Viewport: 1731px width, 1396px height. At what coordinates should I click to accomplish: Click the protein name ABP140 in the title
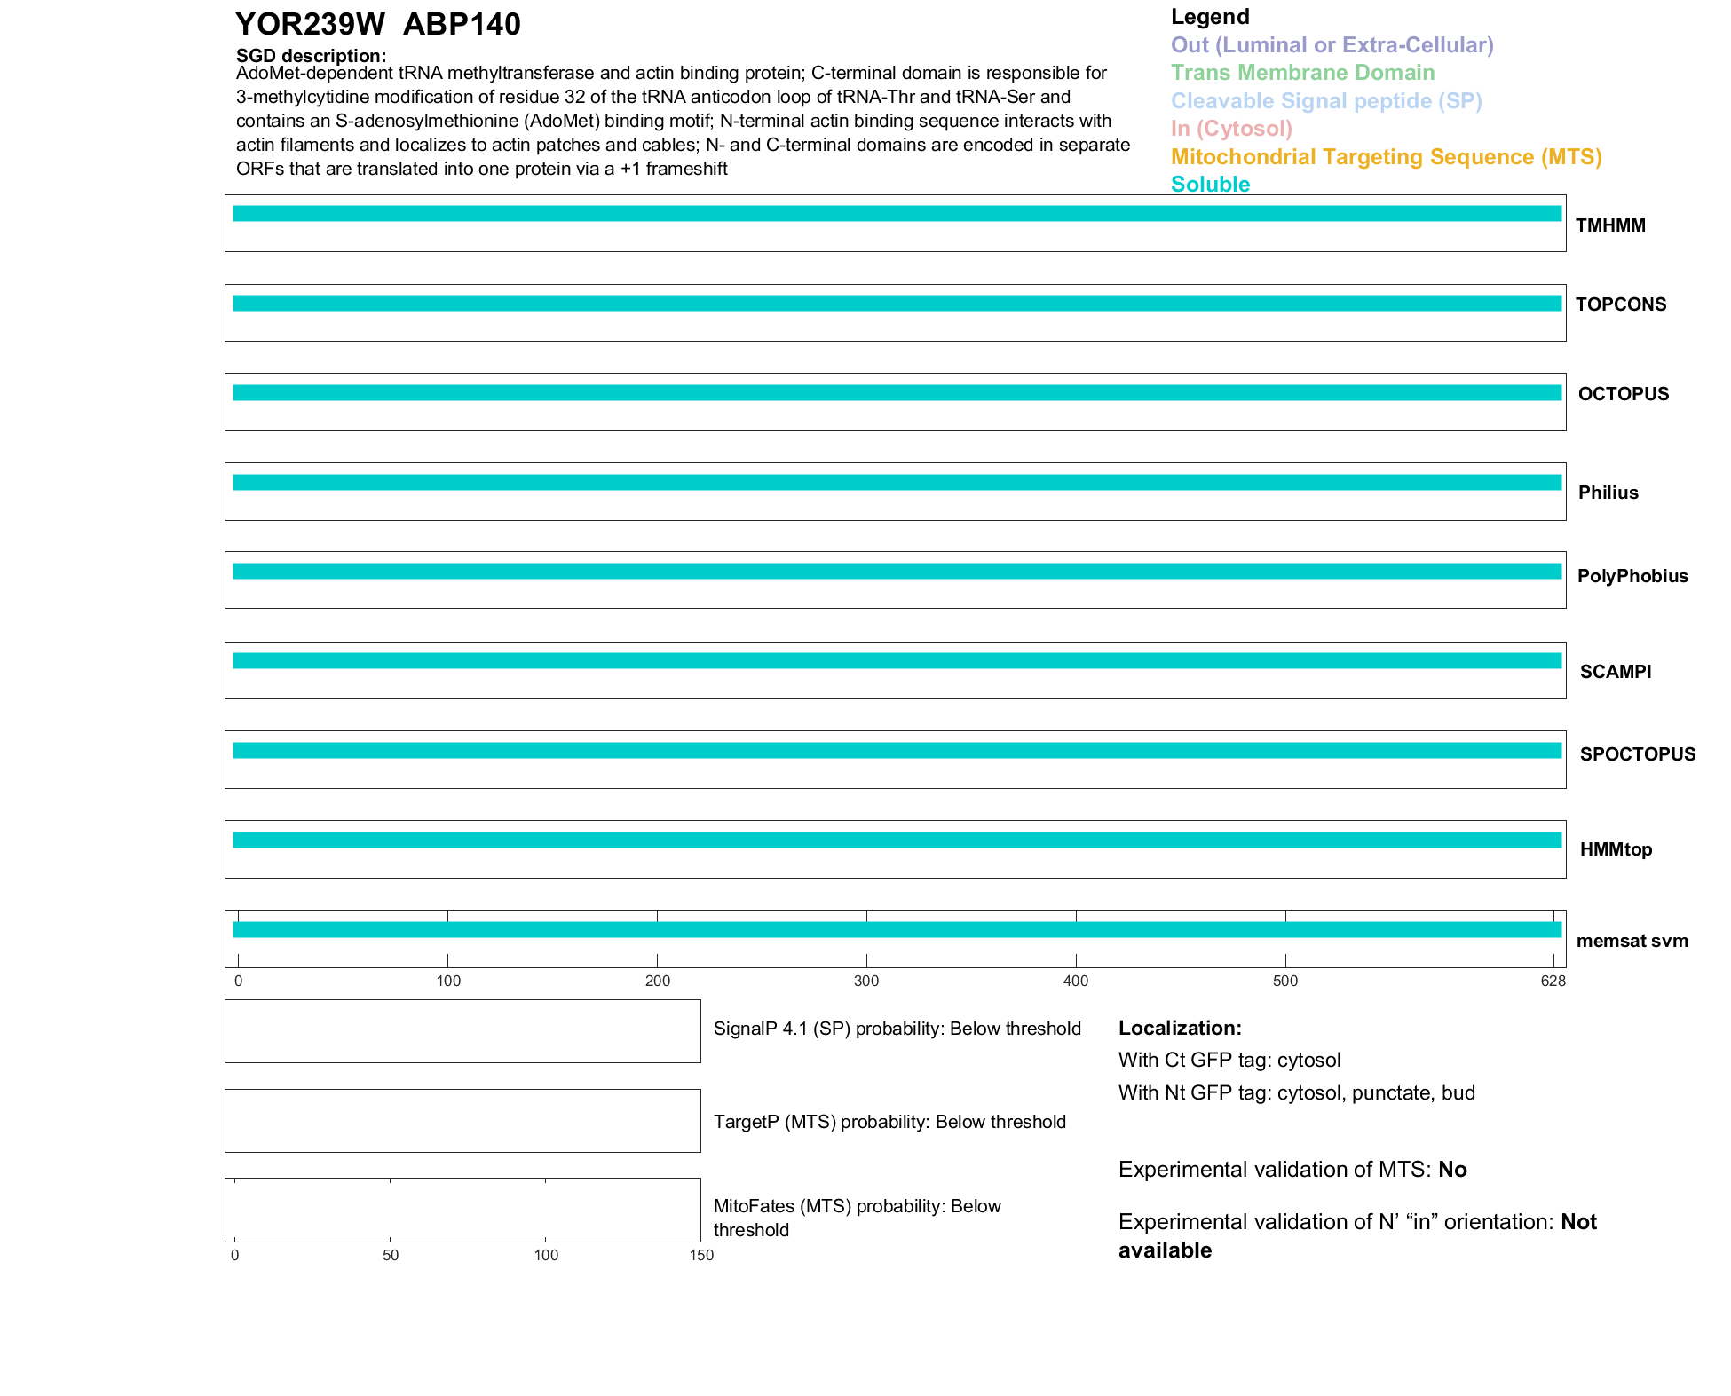click(462, 25)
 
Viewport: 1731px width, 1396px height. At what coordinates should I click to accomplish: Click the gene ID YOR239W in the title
click(310, 25)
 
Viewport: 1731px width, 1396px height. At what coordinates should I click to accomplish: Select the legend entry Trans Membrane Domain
click(1302, 73)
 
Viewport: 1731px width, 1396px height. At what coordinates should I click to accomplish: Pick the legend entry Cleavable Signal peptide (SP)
click(1326, 101)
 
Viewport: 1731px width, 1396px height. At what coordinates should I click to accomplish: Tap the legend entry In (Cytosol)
click(1231, 129)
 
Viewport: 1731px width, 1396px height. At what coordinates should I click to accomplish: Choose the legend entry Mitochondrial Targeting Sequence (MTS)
click(1386, 157)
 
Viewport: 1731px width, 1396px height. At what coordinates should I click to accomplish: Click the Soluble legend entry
click(1210, 185)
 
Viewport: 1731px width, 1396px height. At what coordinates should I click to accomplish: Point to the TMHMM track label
click(1610, 225)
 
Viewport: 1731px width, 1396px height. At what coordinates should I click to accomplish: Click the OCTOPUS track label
click(1623, 394)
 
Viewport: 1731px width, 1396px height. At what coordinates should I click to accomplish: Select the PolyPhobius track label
click(1632, 576)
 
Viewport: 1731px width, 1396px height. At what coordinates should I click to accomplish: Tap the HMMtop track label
click(1616, 849)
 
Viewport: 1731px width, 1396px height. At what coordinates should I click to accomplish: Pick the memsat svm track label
click(1632, 941)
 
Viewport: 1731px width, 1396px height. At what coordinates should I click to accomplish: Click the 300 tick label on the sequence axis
click(866, 981)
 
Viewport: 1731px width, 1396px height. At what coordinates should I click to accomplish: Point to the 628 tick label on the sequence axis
click(1553, 981)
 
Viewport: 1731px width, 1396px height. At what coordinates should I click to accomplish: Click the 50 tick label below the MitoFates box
click(391, 1255)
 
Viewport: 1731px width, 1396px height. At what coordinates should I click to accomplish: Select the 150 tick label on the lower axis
click(701, 1255)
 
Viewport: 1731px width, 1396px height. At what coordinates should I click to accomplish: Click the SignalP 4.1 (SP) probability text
click(897, 1029)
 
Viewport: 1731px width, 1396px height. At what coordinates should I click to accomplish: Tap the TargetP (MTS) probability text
click(889, 1122)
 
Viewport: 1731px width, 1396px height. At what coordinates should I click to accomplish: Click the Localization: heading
click(1180, 1028)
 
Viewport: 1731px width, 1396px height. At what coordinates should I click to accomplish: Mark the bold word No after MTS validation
click(1452, 1170)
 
